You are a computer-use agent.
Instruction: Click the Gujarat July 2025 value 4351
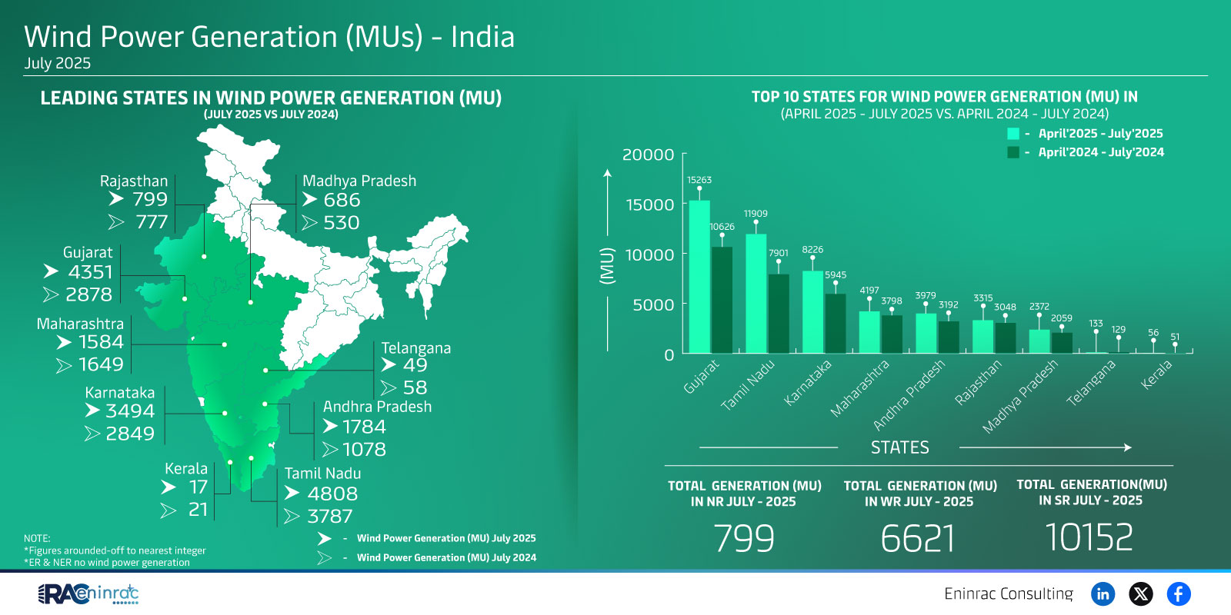(x=90, y=272)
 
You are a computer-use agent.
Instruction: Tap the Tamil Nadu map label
(x=322, y=474)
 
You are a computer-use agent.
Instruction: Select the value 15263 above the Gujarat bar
(x=699, y=180)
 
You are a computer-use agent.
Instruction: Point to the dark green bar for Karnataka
(x=835, y=323)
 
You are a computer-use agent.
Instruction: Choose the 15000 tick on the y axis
(x=649, y=204)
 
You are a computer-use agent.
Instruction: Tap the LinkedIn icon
(x=1103, y=593)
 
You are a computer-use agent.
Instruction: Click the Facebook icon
(x=1178, y=593)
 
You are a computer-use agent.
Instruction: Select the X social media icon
(x=1140, y=593)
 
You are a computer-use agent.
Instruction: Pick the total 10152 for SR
(x=1089, y=537)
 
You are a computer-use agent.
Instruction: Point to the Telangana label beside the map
(x=415, y=348)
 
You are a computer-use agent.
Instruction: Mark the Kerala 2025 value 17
(x=198, y=487)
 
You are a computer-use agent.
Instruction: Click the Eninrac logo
(x=88, y=594)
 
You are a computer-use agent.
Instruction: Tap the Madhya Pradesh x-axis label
(x=1020, y=396)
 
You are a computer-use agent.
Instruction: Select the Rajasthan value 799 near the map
(x=149, y=200)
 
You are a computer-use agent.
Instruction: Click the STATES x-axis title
(x=899, y=447)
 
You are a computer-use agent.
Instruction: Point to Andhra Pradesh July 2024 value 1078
(x=364, y=450)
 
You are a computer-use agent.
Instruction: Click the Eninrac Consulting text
(x=1008, y=593)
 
